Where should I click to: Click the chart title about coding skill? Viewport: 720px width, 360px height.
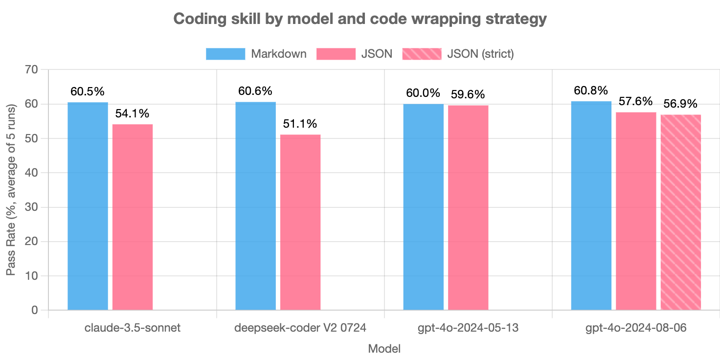click(x=360, y=19)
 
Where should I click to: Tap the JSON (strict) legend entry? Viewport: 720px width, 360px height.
click(x=457, y=54)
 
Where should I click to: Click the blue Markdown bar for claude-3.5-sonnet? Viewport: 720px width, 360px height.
click(x=88, y=206)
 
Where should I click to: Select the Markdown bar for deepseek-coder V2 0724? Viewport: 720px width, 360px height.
click(x=255, y=205)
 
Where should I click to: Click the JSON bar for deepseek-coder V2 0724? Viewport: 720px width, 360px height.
click(x=300, y=222)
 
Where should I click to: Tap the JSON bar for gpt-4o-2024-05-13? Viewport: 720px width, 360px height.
click(x=468, y=207)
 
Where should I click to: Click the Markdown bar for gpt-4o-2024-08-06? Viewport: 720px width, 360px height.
click(x=591, y=205)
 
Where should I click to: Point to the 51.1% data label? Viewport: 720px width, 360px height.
click(x=300, y=124)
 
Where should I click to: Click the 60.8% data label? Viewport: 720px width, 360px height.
click(x=591, y=90)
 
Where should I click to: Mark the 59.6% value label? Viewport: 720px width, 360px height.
click(x=468, y=94)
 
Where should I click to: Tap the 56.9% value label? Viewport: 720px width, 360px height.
click(x=680, y=104)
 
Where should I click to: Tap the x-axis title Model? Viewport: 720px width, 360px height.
click(x=384, y=349)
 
